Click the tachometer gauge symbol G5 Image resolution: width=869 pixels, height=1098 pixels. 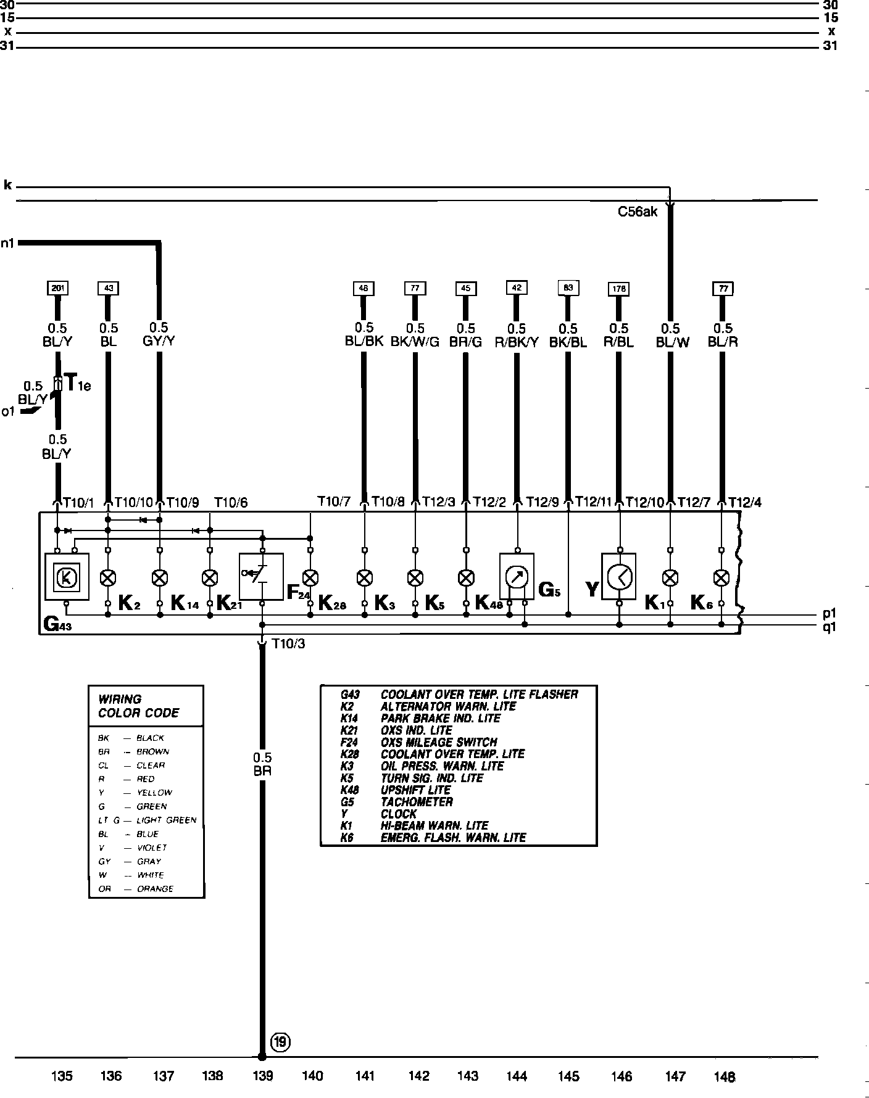coord(517,577)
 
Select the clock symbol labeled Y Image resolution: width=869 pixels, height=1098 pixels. coord(619,577)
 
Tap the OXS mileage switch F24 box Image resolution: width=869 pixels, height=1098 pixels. coord(261,576)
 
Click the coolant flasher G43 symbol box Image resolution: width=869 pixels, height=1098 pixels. coord(67,577)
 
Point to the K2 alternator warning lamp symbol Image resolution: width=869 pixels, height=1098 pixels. coord(108,578)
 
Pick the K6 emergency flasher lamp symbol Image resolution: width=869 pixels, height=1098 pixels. coord(721,578)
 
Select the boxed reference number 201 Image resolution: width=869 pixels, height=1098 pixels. coord(57,288)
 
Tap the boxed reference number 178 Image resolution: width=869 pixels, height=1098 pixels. coord(618,289)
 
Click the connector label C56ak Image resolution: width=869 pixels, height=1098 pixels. coord(638,212)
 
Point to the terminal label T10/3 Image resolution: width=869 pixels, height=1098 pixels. coord(288,644)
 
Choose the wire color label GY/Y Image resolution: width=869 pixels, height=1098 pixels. coord(159,341)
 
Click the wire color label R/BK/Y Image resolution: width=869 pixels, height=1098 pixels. coord(517,342)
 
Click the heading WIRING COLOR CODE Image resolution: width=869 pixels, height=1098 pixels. coord(138,706)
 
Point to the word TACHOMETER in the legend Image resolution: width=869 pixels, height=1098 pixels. coord(417,802)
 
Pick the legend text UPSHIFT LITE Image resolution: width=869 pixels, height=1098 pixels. coord(415,790)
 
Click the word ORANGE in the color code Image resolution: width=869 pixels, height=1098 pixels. coord(155,889)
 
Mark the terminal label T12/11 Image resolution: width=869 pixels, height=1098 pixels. coord(593,503)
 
